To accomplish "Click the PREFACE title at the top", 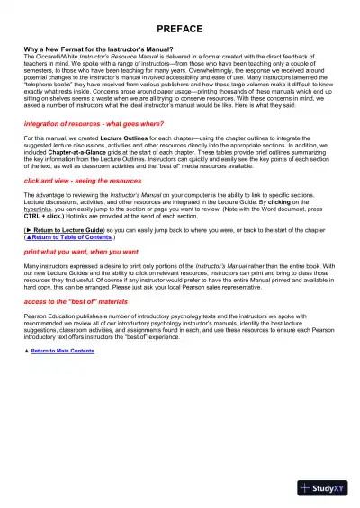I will (x=179, y=30).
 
